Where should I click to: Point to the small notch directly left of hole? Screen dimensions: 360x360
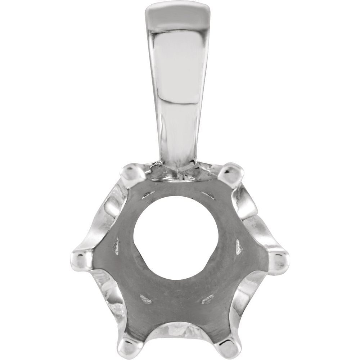tap(116, 246)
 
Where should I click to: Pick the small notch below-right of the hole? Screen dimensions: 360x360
tap(207, 299)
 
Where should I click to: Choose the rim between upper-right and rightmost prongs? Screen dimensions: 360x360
tap(252, 212)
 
